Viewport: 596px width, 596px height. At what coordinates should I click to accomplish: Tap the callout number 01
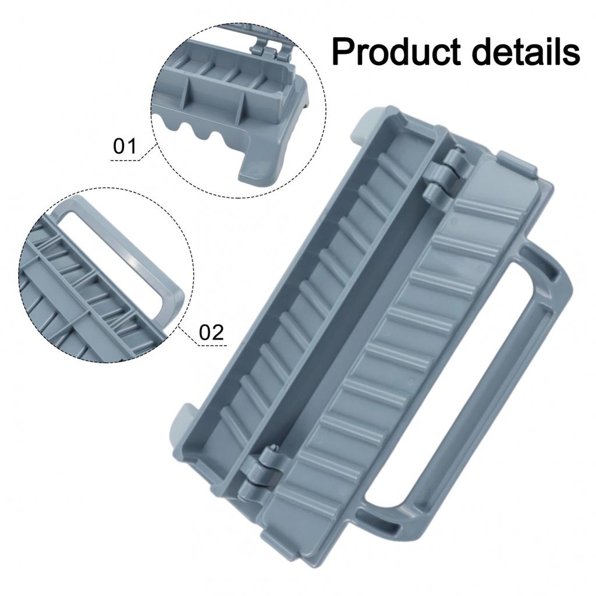(124, 146)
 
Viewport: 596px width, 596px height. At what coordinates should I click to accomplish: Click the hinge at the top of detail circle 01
(268, 44)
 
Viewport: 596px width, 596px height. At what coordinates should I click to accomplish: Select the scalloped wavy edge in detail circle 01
(198, 131)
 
